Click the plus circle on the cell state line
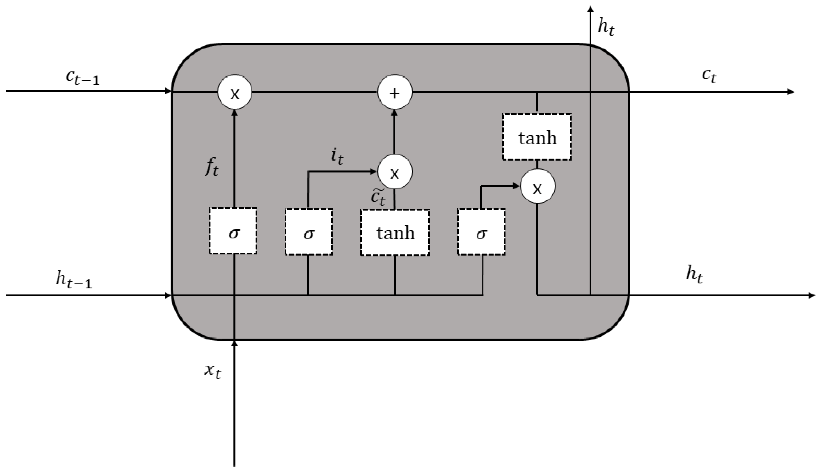(395, 92)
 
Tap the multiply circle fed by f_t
(235, 92)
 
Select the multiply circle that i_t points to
(395, 171)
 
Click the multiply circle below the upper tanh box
(537, 186)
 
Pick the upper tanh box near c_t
(536, 137)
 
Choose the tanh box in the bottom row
(395, 233)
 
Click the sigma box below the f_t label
(233, 231)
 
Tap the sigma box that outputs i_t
(309, 232)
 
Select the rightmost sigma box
(481, 232)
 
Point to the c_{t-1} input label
(83, 78)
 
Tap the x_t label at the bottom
(213, 371)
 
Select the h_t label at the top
(606, 27)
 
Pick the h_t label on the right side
(695, 275)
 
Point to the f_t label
(212, 167)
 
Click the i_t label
(337, 156)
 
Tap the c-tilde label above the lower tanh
(378, 197)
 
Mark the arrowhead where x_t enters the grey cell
(234, 343)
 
